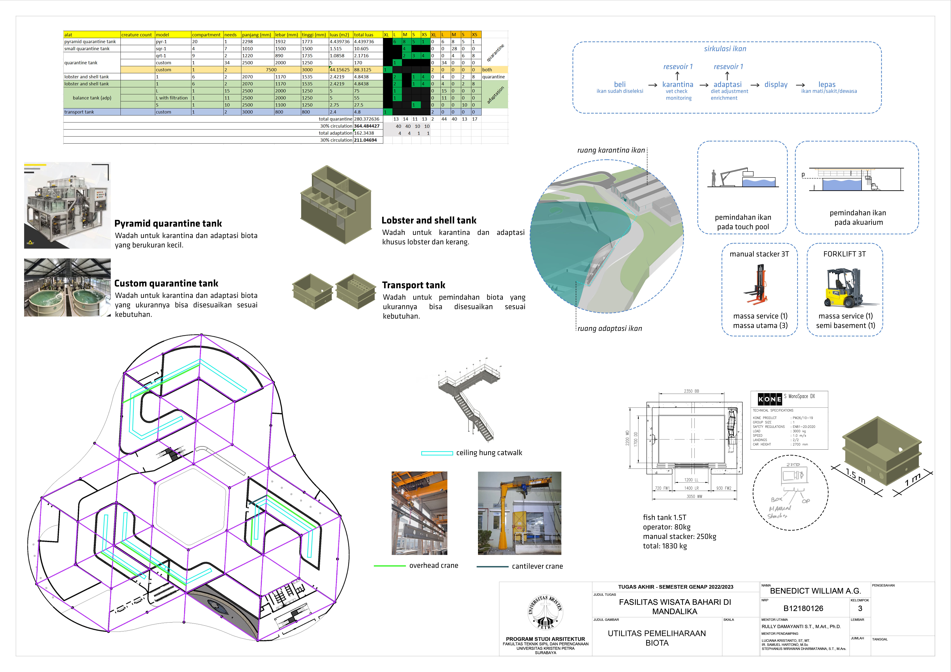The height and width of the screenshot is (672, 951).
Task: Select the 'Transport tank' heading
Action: click(x=413, y=285)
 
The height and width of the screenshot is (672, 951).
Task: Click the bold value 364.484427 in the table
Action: click(x=367, y=126)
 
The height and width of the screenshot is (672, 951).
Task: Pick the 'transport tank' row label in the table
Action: click(x=79, y=112)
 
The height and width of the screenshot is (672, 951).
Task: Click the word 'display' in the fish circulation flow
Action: click(x=776, y=84)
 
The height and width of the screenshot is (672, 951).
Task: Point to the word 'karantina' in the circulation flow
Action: click(x=678, y=84)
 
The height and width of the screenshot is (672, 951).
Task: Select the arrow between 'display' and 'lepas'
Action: click(x=800, y=85)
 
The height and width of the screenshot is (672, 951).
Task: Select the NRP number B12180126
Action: click(x=803, y=608)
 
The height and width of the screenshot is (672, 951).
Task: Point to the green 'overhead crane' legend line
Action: click(x=389, y=566)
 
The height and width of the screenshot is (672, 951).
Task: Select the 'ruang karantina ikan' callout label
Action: click(x=611, y=150)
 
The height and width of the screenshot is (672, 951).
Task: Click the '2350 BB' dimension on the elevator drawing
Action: click(x=691, y=391)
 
